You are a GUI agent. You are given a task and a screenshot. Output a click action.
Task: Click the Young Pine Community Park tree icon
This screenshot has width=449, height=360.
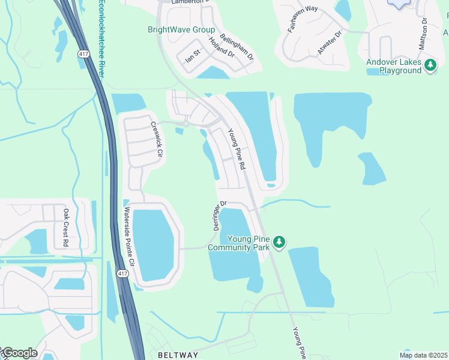279,242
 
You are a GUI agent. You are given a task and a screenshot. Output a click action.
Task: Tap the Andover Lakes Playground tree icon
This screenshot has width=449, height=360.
430,64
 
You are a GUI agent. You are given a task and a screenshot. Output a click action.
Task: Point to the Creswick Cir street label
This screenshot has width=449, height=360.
157,140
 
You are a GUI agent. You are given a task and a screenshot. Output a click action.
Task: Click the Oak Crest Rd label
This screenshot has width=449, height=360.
65,227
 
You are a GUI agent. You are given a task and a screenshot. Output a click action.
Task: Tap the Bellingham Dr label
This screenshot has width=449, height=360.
237,47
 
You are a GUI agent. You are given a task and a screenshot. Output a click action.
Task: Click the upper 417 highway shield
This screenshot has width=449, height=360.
83,54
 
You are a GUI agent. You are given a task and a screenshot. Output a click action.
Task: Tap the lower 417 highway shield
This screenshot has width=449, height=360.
122,274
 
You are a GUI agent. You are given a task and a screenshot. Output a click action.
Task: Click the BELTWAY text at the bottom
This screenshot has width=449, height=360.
178,355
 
